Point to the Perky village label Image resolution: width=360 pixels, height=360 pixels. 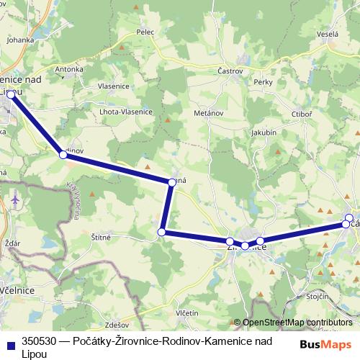pyautogui.click(x=263, y=82)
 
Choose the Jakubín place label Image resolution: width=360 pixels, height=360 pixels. pyautogui.click(x=264, y=132)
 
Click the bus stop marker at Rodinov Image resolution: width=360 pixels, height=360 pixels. pyautogui.click(x=63, y=153)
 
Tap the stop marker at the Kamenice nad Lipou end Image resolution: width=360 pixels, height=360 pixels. pyautogui.click(x=11, y=94)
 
